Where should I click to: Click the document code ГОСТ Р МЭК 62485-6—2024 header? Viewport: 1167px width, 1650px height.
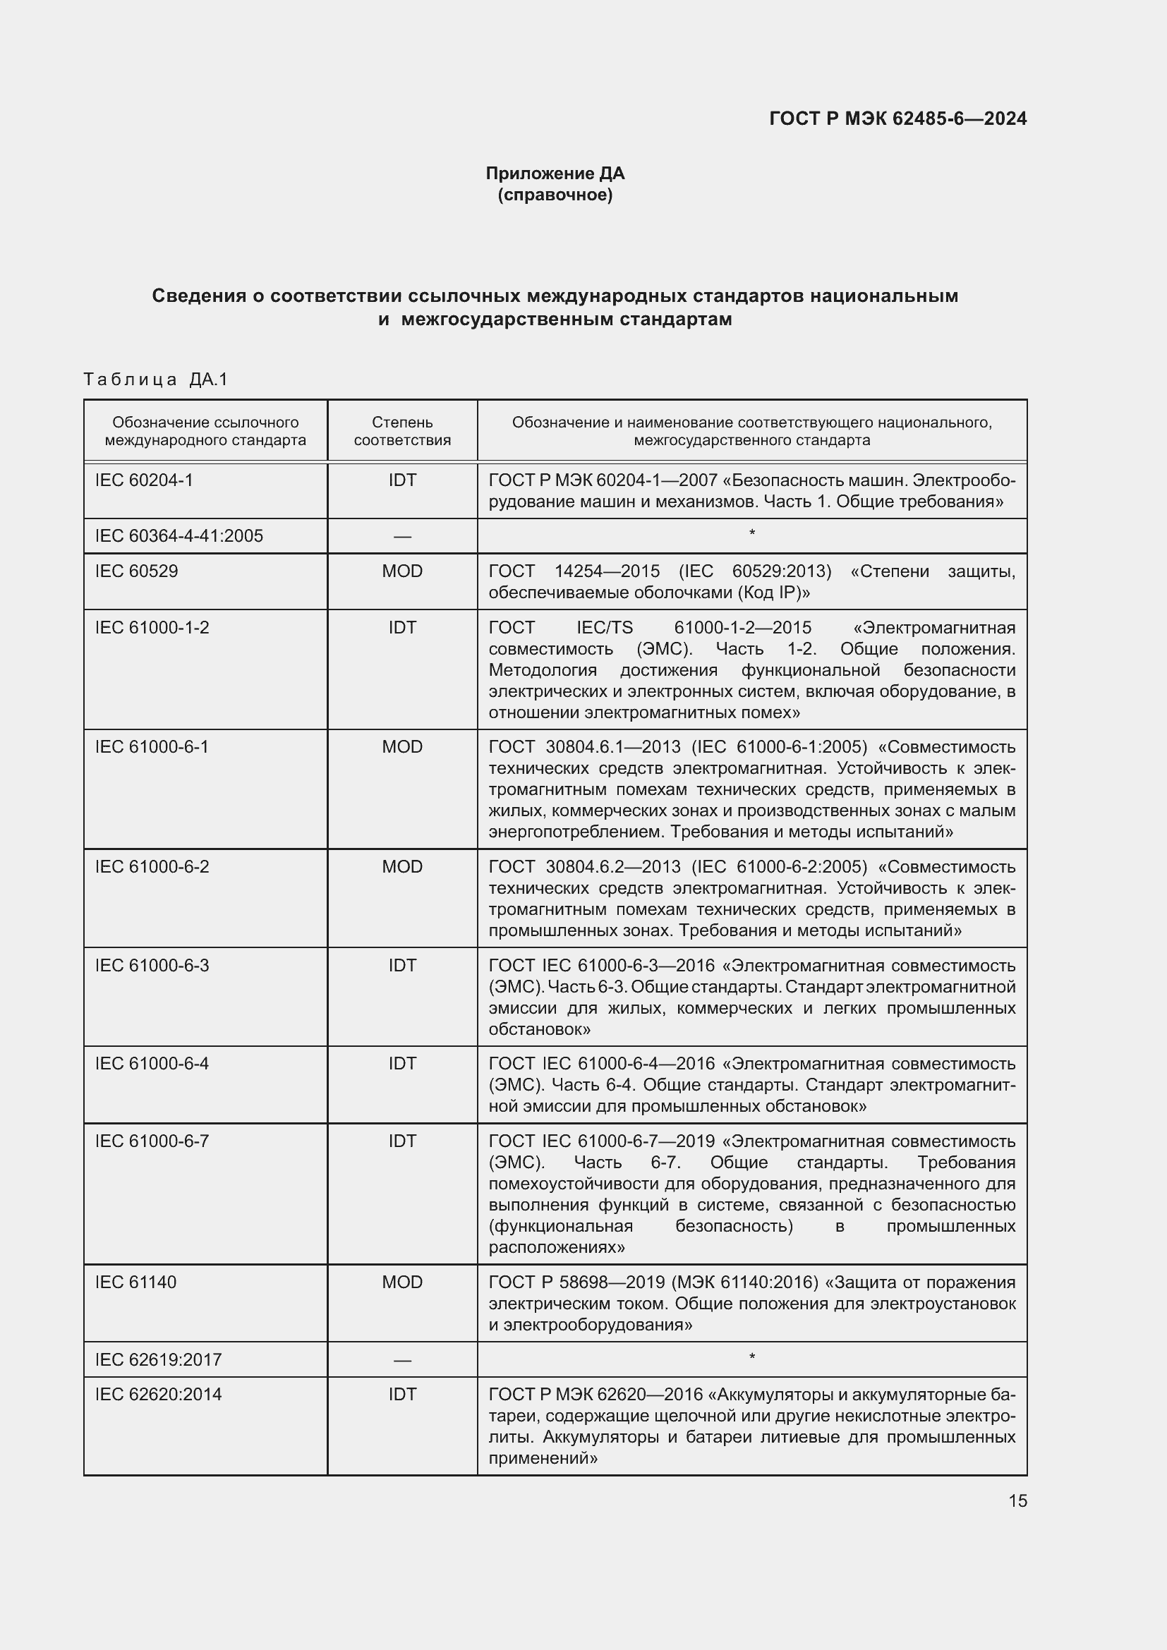(x=897, y=119)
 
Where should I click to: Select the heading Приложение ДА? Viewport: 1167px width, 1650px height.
(x=555, y=174)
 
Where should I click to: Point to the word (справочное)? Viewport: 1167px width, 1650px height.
(x=555, y=195)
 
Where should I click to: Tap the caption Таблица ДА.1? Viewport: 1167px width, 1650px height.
(x=155, y=380)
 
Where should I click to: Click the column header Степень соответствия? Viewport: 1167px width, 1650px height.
(x=402, y=431)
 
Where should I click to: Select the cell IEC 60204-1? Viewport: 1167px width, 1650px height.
(x=145, y=480)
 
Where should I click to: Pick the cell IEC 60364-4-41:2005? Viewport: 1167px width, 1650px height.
(x=179, y=536)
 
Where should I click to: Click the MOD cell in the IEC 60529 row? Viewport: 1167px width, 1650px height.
(x=402, y=571)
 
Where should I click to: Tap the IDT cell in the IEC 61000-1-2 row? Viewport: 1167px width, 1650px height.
(x=402, y=627)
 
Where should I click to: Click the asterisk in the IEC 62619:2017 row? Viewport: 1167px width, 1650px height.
(x=751, y=1357)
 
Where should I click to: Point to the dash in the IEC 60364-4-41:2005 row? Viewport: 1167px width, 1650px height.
(x=402, y=537)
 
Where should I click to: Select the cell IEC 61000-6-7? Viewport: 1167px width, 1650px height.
(x=152, y=1141)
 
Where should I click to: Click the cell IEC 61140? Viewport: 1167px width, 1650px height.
(x=135, y=1282)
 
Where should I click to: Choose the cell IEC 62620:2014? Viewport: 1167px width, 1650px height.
(x=159, y=1394)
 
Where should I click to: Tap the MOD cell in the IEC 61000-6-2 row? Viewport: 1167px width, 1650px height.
(x=402, y=867)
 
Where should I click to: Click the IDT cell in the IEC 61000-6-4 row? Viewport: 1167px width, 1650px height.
(x=402, y=1064)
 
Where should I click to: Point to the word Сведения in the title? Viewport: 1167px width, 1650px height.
(x=199, y=296)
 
